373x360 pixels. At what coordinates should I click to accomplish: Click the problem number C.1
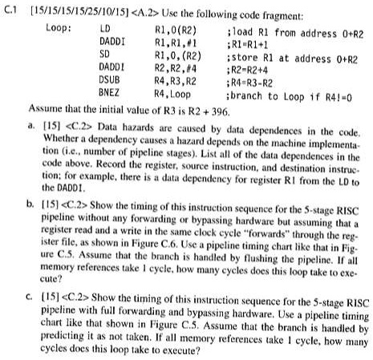tap(11, 10)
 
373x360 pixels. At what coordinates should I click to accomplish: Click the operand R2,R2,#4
tap(174, 68)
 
